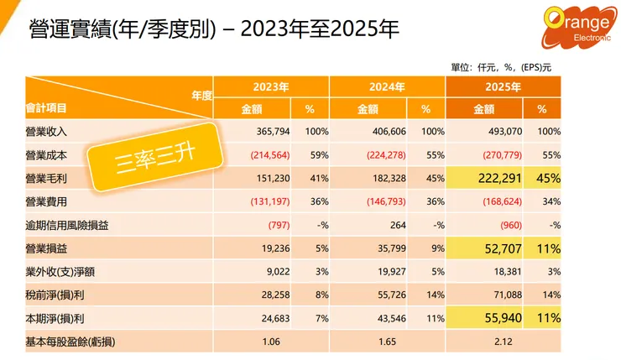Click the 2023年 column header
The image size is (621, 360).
pyautogui.click(x=271, y=86)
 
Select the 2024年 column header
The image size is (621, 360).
pyautogui.click(x=387, y=86)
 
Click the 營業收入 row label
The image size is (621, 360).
pyautogui.click(x=47, y=132)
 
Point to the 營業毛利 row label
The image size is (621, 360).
pyautogui.click(x=47, y=179)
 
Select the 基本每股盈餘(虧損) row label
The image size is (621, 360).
pyautogui.click(x=76, y=339)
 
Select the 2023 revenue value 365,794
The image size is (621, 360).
pyautogui.click(x=271, y=132)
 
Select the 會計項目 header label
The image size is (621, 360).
pyautogui.click(x=47, y=108)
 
